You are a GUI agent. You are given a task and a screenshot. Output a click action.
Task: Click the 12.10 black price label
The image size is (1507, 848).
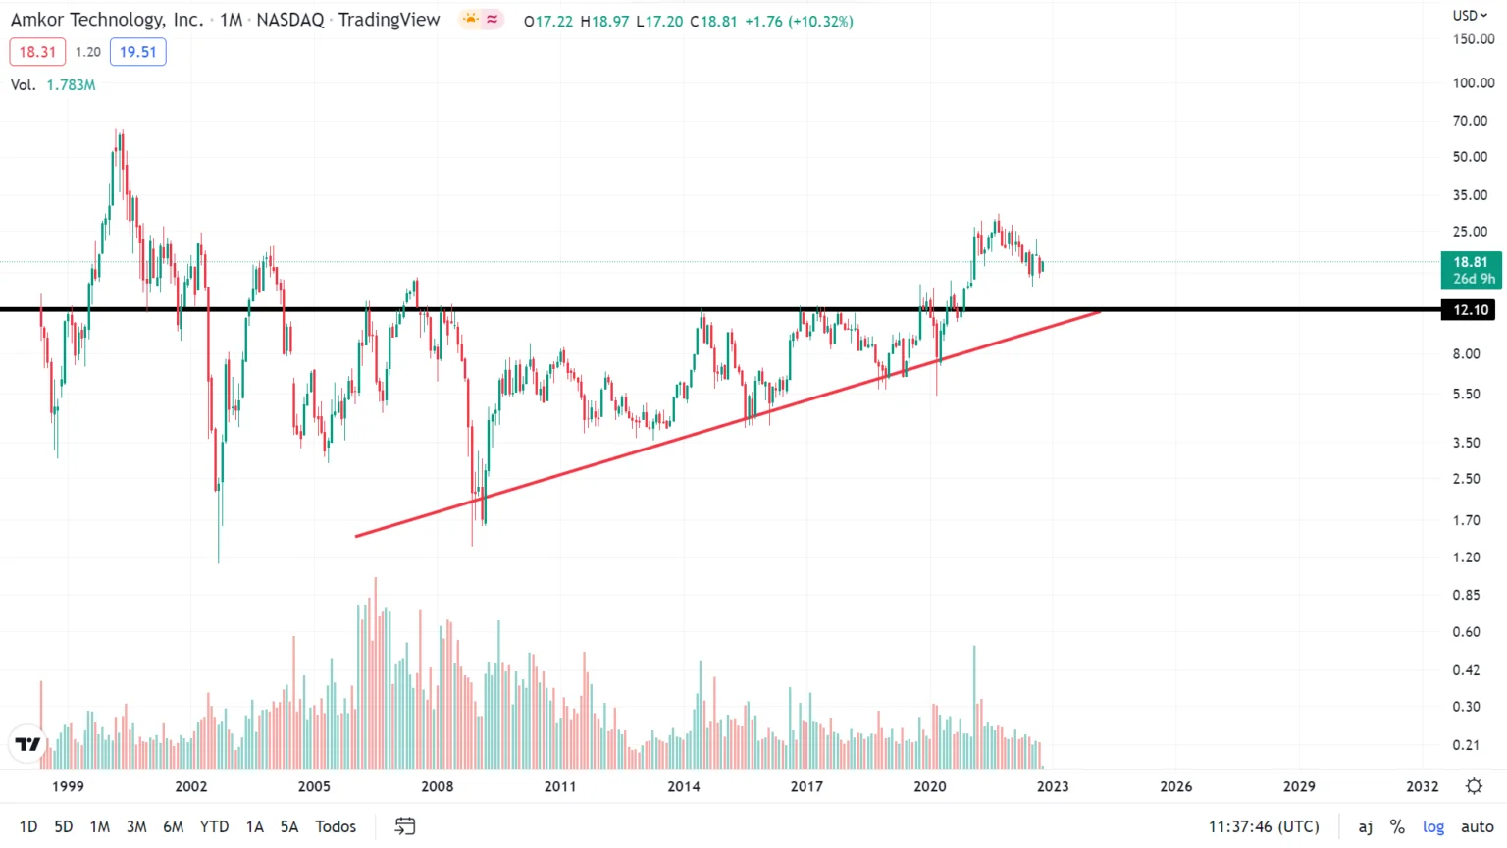click(x=1470, y=310)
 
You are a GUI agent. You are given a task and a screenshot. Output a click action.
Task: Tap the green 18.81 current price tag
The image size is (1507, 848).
click(x=1470, y=269)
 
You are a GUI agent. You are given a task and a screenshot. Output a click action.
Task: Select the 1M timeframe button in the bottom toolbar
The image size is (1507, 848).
click(x=99, y=826)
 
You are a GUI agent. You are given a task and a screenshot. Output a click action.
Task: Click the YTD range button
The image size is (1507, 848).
click(x=214, y=826)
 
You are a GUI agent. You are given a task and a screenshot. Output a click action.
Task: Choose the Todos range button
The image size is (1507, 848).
click(x=336, y=826)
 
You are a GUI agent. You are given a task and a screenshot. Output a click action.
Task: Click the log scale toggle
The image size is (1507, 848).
click(x=1433, y=826)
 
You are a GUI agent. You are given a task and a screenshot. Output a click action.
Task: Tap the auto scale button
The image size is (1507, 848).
click(x=1477, y=826)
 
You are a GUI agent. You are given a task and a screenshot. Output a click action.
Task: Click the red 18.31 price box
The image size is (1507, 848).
click(x=37, y=52)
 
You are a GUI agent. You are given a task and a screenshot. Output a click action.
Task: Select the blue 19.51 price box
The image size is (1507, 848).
click(x=137, y=52)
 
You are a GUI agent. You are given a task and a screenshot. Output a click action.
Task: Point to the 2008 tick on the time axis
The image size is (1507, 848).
click(x=438, y=786)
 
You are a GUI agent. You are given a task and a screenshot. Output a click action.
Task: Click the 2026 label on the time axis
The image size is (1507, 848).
click(x=1175, y=786)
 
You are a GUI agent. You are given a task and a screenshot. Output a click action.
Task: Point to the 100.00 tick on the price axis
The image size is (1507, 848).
click(x=1473, y=82)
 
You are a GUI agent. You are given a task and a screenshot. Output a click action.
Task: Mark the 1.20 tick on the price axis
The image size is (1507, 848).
click(x=1467, y=557)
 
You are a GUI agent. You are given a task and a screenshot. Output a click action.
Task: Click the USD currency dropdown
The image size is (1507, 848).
click(x=1470, y=15)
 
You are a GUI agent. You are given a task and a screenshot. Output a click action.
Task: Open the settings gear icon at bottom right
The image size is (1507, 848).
click(x=1474, y=786)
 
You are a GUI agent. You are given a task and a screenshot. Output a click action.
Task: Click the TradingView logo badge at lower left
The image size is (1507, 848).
click(x=28, y=744)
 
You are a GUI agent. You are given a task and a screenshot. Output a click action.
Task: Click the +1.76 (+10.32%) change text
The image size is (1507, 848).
click(x=799, y=21)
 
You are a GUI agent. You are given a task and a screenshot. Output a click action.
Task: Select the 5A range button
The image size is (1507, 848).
click(x=288, y=826)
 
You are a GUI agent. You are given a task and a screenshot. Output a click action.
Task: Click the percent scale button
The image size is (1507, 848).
click(x=1397, y=826)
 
